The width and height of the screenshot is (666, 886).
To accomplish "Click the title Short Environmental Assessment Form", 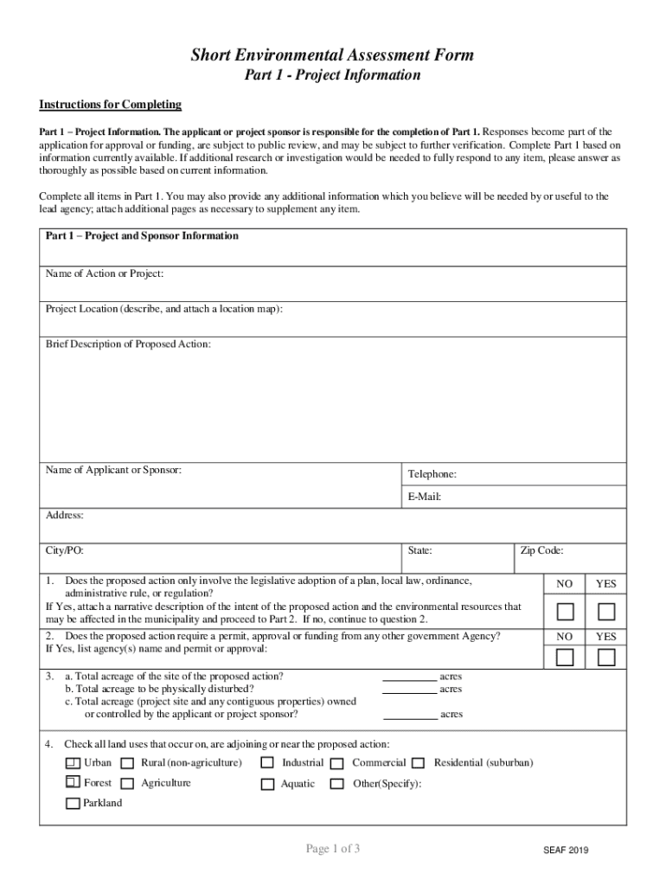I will (x=332, y=55).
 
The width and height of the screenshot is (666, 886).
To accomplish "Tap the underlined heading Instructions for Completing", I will (x=110, y=105).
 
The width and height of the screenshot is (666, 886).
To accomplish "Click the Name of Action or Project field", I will (x=333, y=284).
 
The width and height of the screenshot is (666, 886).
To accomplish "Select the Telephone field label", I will (x=432, y=474).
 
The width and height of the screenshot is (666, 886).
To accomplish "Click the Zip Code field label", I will (x=542, y=549).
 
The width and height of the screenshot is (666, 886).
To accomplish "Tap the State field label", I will (x=419, y=549).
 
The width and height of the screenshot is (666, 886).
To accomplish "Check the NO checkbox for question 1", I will (x=565, y=613).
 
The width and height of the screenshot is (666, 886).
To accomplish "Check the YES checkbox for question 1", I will (x=606, y=613).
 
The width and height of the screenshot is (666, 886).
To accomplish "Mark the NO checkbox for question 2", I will (x=565, y=658).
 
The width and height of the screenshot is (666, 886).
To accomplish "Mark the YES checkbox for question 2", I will (x=606, y=658).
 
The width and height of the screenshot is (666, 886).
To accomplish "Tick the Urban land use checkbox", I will (x=74, y=763).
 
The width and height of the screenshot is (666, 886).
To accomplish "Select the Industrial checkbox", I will (x=267, y=763).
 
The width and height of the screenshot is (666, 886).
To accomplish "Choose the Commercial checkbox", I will (x=337, y=763).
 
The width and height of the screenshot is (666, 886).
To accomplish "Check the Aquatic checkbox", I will (x=267, y=784).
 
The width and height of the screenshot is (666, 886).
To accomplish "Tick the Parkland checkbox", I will (x=74, y=804).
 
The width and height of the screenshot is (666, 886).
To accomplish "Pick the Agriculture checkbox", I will (x=127, y=784).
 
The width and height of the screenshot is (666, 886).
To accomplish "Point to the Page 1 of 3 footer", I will (x=333, y=849).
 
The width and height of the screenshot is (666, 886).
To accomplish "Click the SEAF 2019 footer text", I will (x=560, y=851).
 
